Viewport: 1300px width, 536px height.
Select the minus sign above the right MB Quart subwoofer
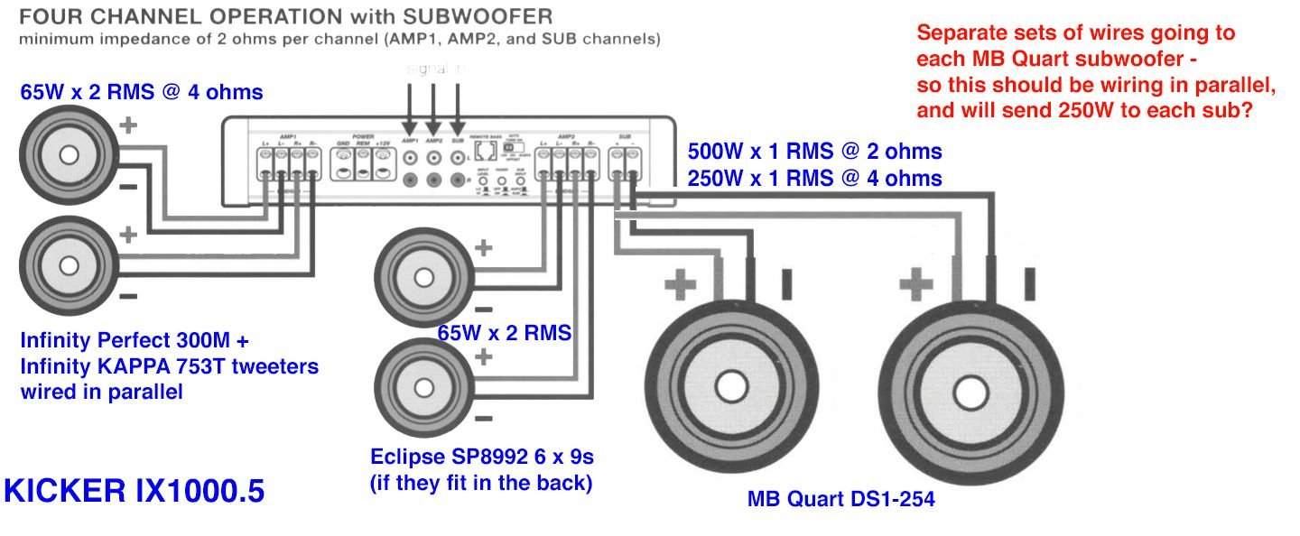click(1028, 283)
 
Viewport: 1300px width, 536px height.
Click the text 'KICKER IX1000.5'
click(135, 491)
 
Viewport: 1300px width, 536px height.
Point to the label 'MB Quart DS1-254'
click(840, 498)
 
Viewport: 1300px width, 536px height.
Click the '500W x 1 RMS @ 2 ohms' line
click(814, 151)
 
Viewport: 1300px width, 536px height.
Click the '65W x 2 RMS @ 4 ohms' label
click(142, 91)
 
